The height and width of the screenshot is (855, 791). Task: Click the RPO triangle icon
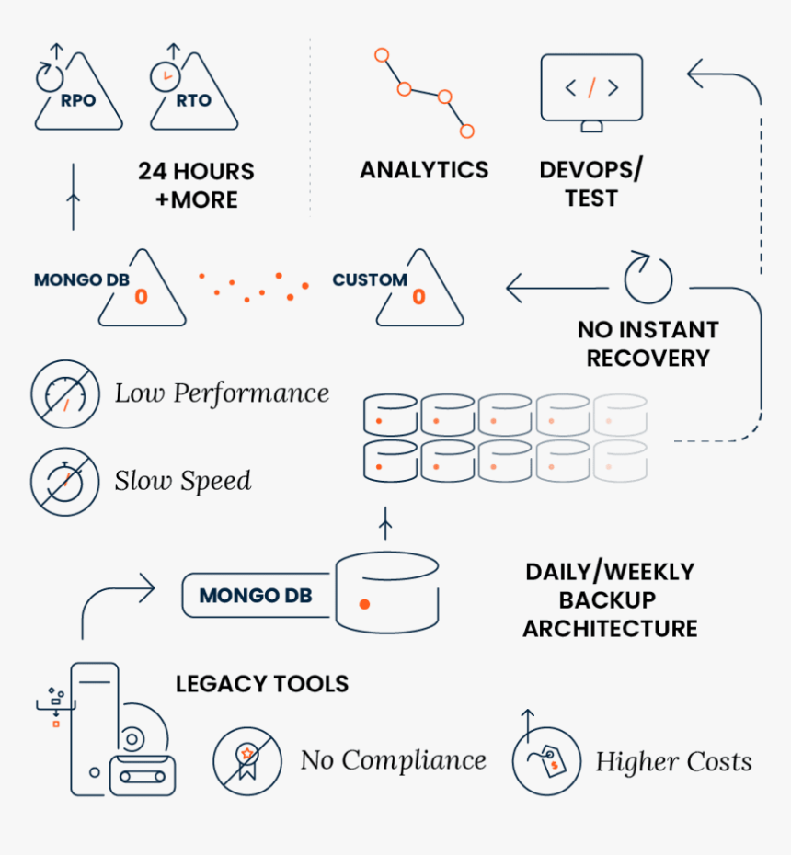[x=78, y=93]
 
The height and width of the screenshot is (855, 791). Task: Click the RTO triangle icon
[x=194, y=93]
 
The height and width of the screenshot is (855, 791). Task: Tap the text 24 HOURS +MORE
[x=196, y=185]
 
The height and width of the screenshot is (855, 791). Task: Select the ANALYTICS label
[x=424, y=169]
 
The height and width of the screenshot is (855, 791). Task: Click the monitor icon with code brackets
[x=591, y=89]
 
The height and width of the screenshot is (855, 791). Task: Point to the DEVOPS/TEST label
[x=590, y=184]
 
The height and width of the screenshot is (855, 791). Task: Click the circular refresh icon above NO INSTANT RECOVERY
[x=648, y=277]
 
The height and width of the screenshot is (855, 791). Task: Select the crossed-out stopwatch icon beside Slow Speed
[x=64, y=481]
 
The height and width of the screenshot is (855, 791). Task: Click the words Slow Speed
[x=183, y=481]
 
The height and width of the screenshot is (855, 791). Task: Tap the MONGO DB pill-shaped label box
[x=255, y=596]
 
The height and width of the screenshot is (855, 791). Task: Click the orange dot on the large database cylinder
[x=364, y=605]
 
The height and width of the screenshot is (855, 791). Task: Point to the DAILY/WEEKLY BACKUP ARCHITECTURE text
[x=610, y=600]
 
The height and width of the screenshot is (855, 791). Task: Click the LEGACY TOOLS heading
[x=262, y=684]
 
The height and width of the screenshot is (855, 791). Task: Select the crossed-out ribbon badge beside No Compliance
[x=246, y=761]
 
